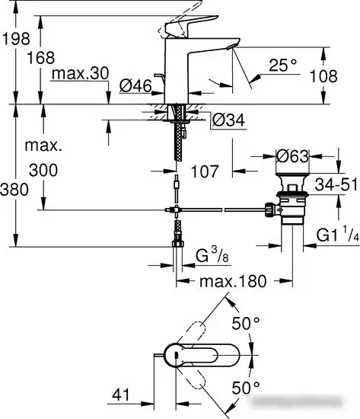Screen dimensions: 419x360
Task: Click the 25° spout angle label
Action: (283, 66)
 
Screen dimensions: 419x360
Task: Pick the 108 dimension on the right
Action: (336, 76)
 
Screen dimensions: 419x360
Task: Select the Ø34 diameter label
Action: (228, 120)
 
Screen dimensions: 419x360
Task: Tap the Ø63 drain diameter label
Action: (292, 156)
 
